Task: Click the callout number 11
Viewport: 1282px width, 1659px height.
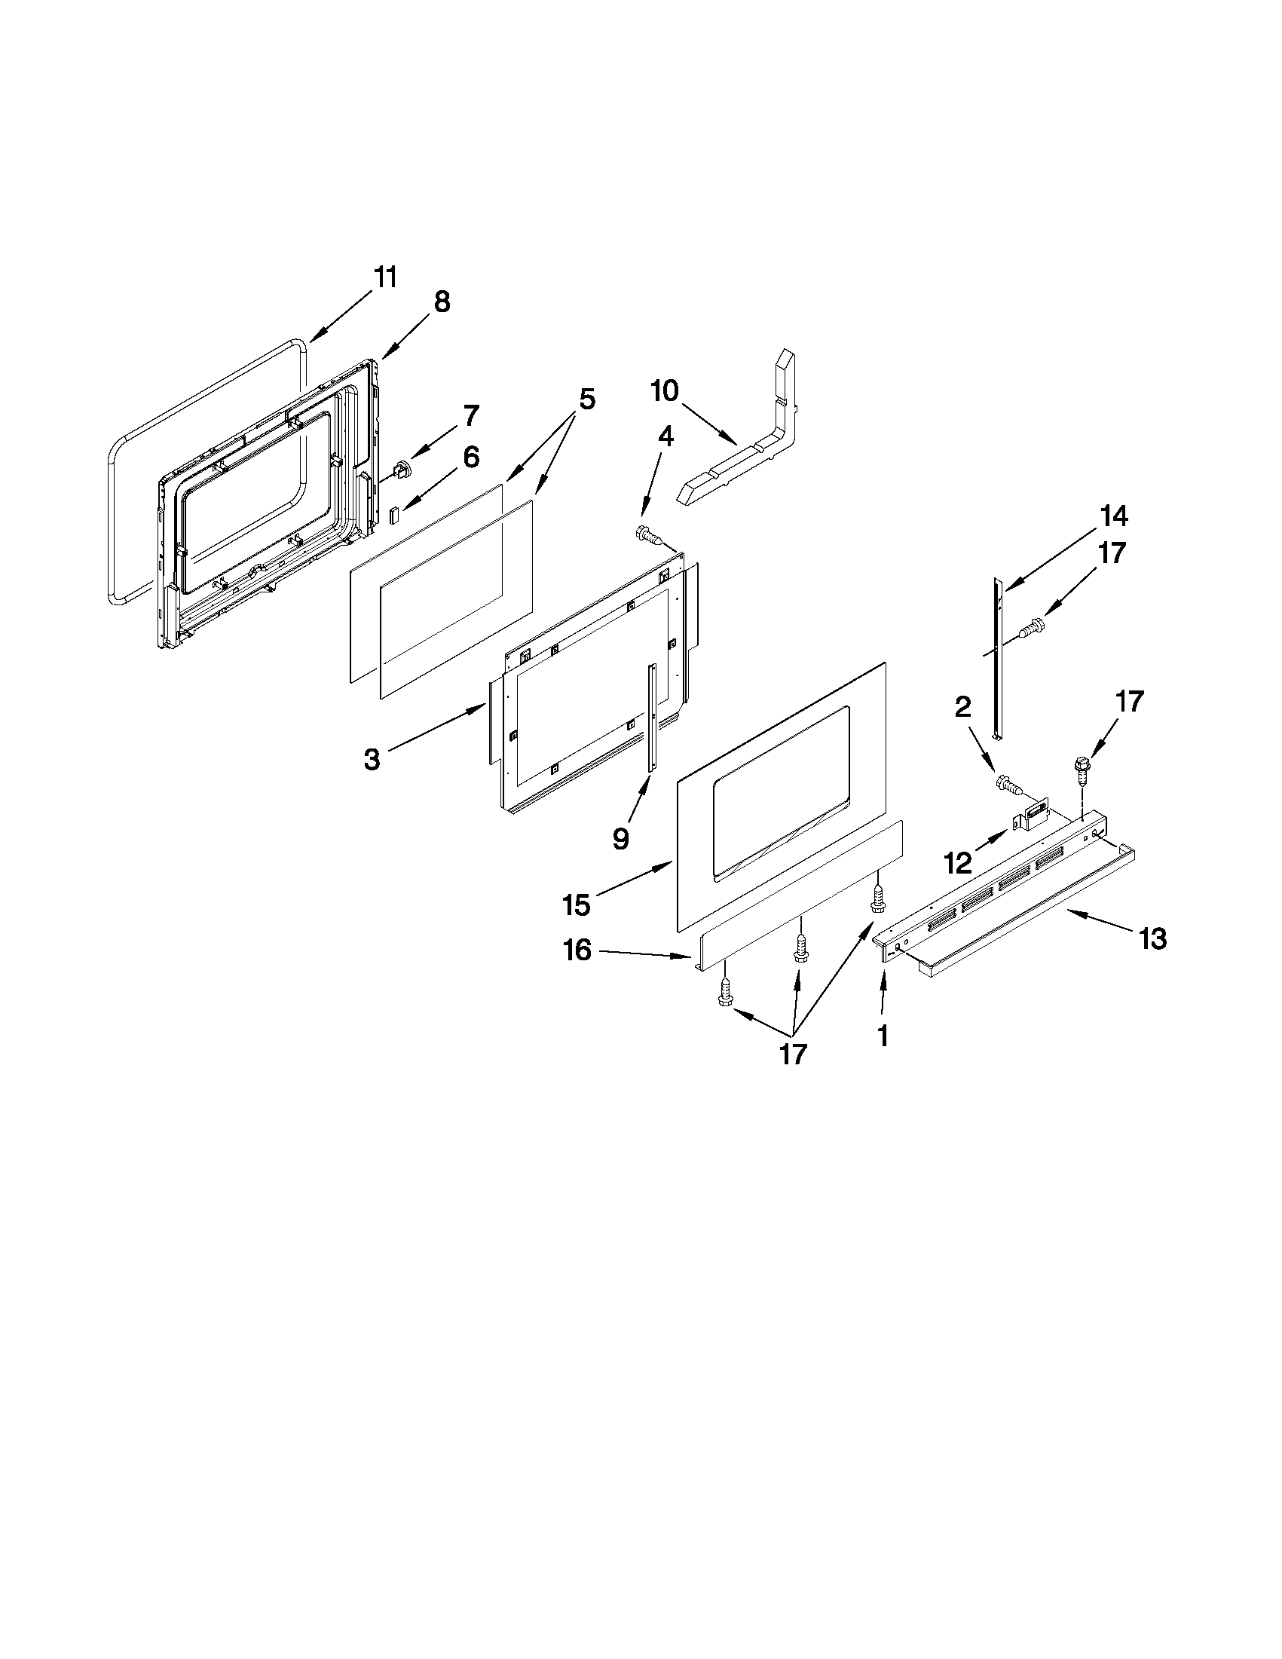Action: point(386,278)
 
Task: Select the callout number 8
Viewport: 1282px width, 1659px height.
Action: point(442,302)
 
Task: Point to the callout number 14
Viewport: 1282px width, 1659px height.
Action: point(1114,516)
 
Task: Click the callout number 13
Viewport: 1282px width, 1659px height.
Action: point(1152,940)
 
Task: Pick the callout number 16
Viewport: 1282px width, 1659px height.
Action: point(577,950)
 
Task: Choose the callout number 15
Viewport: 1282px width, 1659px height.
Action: point(577,904)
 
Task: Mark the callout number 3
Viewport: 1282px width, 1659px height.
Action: point(372,759)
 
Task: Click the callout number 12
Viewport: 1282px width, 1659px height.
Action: point(957,862)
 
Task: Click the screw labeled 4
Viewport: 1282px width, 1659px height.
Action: point(647,534)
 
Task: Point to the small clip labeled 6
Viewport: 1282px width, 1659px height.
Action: point(393,516)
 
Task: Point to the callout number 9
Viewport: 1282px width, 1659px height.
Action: point(620,838)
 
